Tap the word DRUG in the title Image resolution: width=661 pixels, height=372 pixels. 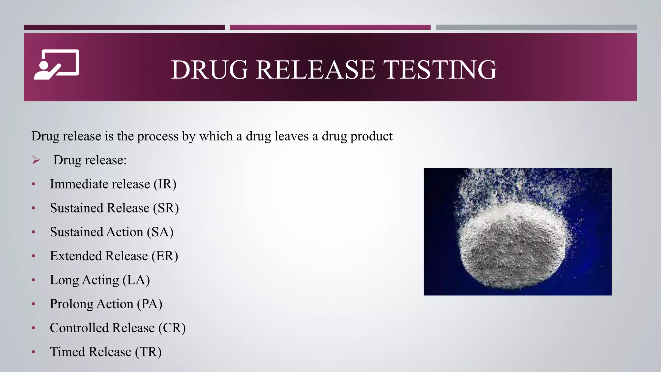coord(209,70)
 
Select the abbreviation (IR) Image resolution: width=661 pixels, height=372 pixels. coord(165,184)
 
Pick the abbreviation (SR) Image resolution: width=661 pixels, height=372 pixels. coord(166,208)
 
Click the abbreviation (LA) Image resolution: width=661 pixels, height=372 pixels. coord(136,280)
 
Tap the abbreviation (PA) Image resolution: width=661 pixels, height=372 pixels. coord(149,304)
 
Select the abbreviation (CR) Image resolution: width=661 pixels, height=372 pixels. coord(172,328)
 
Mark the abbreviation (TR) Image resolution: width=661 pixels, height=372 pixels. coord(148,352)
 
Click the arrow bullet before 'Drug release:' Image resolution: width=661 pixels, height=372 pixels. coord(36,160)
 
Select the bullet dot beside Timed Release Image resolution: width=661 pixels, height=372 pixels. coord(34,352)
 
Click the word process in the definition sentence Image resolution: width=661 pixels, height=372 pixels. coord(158,136)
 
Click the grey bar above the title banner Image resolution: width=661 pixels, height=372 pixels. coord(536,27)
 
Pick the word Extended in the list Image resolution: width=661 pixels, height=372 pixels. coord(76,256)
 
